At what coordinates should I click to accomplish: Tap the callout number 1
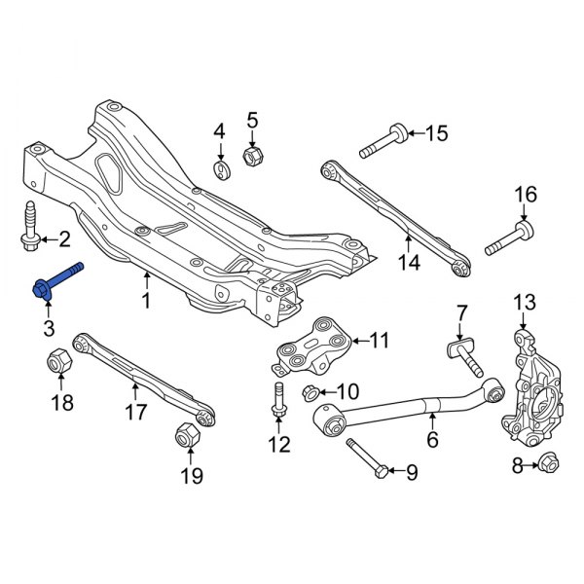tap(146, 303)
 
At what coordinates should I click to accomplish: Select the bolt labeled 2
tap(30, 226)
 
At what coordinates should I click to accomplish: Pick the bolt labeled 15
tap(382, 142)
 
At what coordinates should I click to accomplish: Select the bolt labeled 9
tap(364, 461)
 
